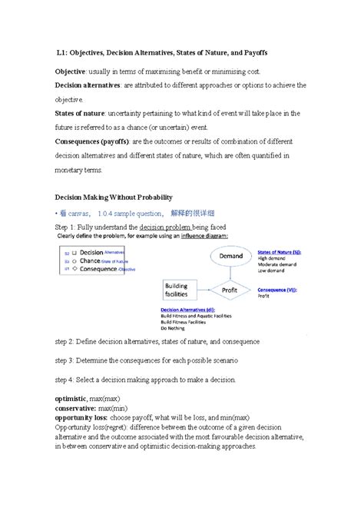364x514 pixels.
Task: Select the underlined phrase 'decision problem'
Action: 164,228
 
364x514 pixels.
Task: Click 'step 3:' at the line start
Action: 65,360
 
